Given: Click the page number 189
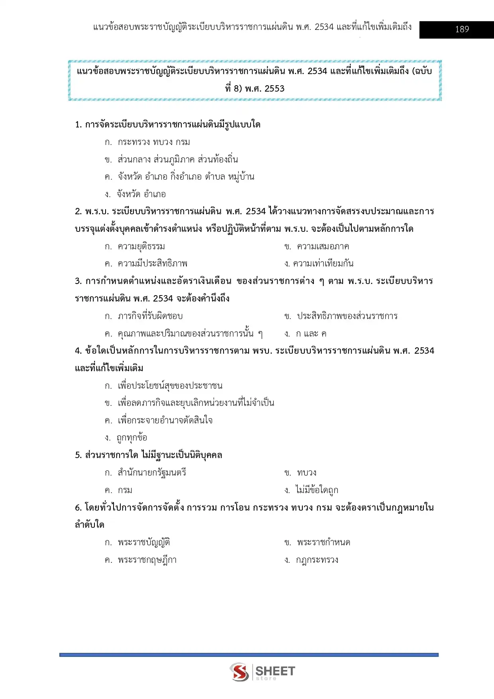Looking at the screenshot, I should pyautogui.click(x=462, y=29).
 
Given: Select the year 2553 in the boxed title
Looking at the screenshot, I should pyautogui.click(x=274, y=88).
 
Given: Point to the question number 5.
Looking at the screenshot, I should pyautogui.click(x=78, y=455).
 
